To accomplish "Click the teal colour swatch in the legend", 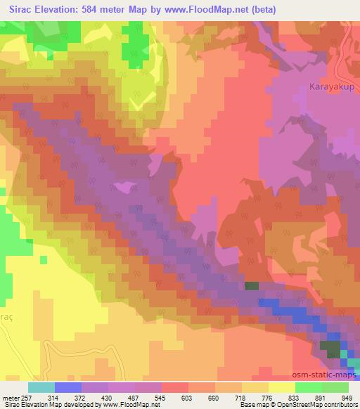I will click(x=41, y=387).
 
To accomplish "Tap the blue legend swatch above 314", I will click(x=67, y=387).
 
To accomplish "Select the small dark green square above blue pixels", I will click(x=251, y=286).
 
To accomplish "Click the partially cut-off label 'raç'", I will click(x=6, y=318).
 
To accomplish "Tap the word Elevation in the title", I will click(x=65, y=9).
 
